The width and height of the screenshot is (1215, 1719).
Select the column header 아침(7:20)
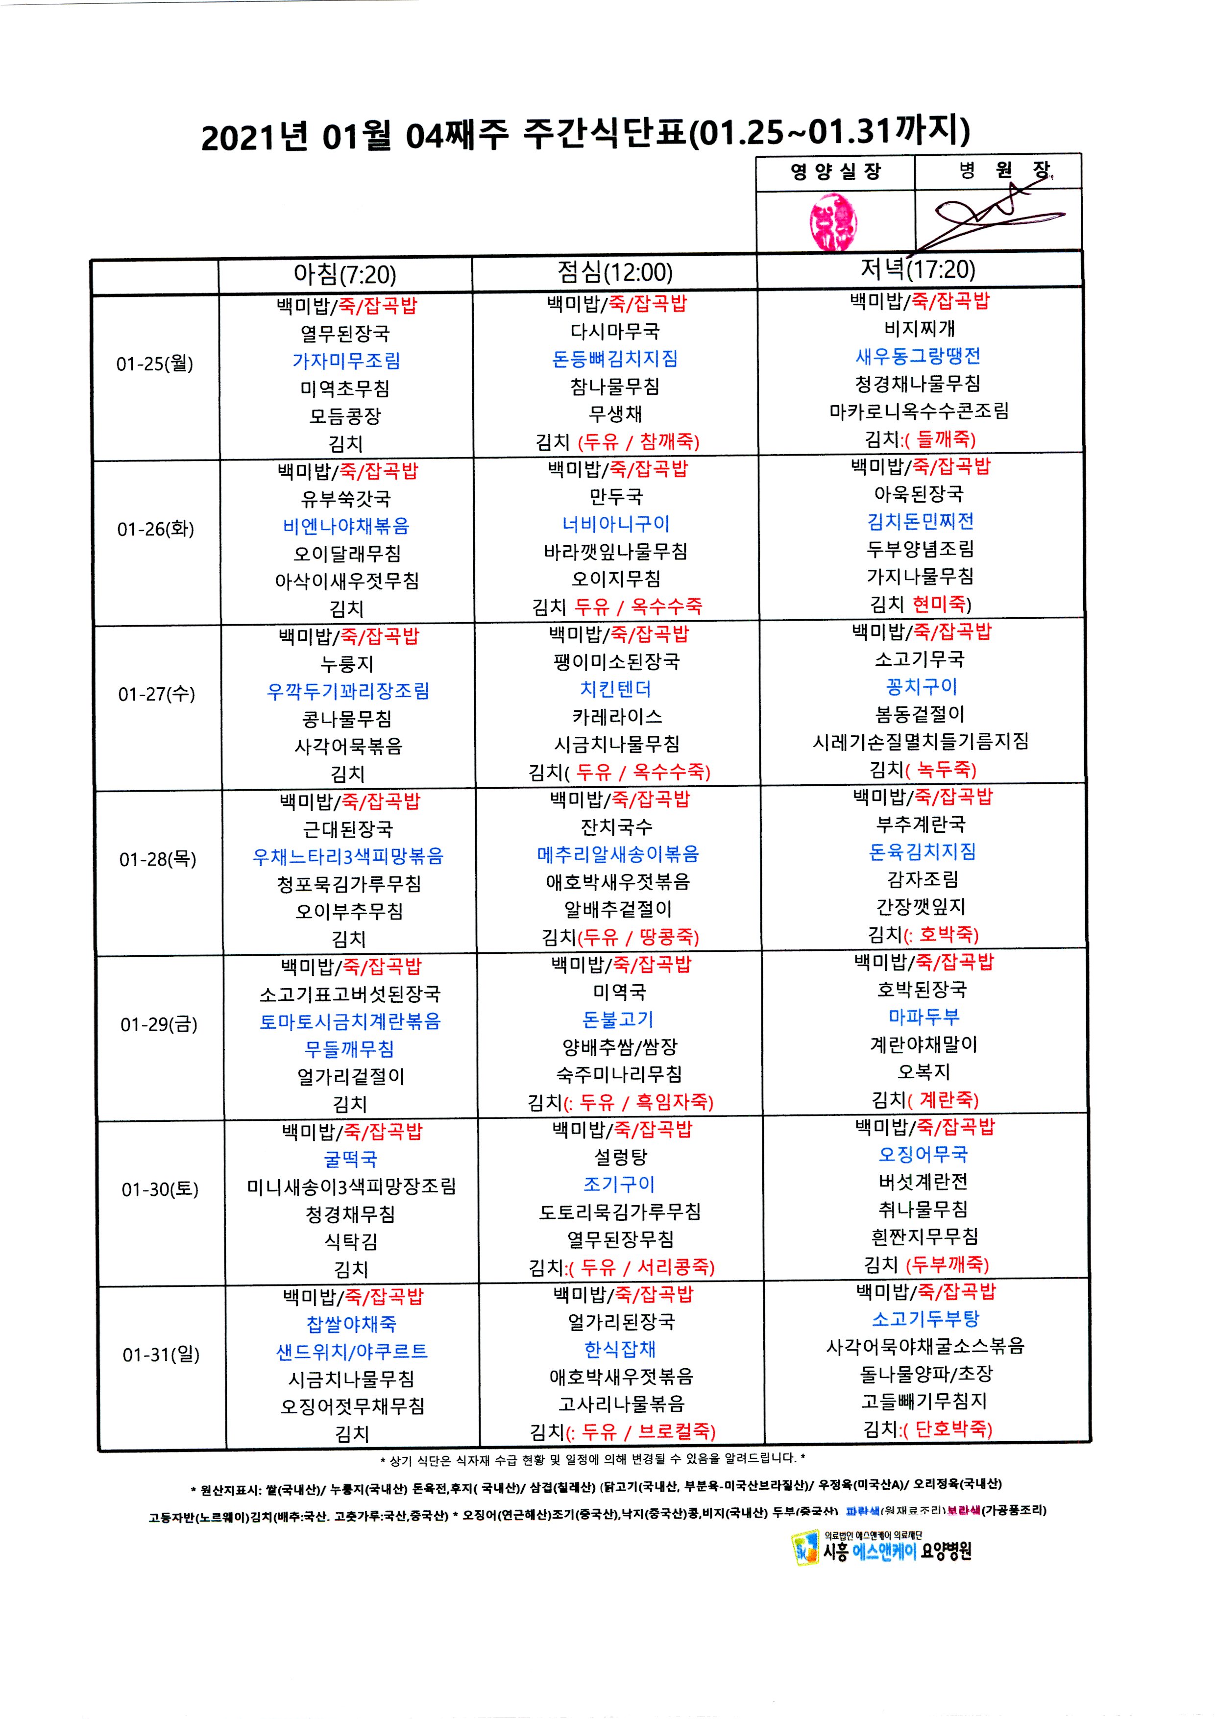[x=344, y=274]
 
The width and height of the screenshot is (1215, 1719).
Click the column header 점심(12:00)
[x=615, y=272]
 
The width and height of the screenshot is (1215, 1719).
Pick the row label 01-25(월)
[x=154, y=364]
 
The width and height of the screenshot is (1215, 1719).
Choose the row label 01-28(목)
[x=158, y=859]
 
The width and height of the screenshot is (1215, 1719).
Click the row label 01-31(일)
[x=161, y=1355]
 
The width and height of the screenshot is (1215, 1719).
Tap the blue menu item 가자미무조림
[x=346, y=361]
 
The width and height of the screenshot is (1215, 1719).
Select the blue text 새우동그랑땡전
[x=918, y=356]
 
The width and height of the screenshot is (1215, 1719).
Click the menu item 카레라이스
[x=617, y=717]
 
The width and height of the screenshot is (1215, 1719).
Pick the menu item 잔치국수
[x=617, y=826]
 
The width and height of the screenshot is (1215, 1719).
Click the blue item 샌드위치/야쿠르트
[x=352, y=1352]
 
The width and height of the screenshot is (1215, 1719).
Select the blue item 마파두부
[x=923, y=1017]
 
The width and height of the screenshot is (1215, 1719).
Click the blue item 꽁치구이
[x=921, y=686]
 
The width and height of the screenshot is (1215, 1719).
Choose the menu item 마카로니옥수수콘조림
[x=919, y=411]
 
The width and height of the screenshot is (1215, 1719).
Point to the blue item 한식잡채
[x=620, y=1349]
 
